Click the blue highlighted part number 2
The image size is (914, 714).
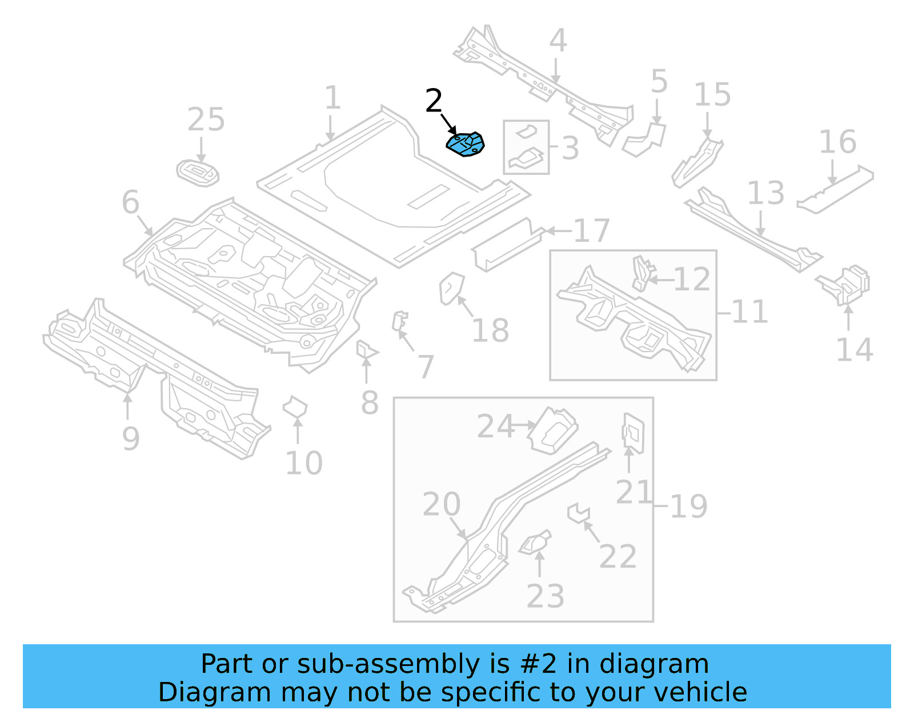466,145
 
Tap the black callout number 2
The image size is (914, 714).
434,101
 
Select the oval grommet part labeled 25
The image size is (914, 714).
198,173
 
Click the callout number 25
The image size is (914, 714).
206,120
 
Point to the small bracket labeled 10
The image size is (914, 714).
295,408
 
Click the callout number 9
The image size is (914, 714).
130,439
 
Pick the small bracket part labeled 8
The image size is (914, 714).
365,350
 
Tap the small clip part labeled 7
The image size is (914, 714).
400,321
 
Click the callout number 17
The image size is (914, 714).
591,231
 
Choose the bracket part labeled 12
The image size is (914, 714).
642,273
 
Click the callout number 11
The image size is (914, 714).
749,312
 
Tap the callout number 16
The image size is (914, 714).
837,142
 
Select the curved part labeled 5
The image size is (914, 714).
646,139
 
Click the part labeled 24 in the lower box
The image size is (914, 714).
552,430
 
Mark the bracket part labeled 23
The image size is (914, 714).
536,543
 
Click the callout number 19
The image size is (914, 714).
688,506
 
